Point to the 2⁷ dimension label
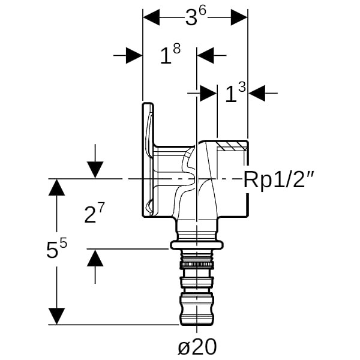click(95, 214)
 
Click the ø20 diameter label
click(197, 346)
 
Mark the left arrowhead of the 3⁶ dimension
click(151, 17)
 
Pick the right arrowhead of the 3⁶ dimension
click(239, 17)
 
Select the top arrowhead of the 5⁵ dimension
click(56, 187)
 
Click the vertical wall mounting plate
click(147, 159)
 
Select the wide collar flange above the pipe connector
click(197, 244)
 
